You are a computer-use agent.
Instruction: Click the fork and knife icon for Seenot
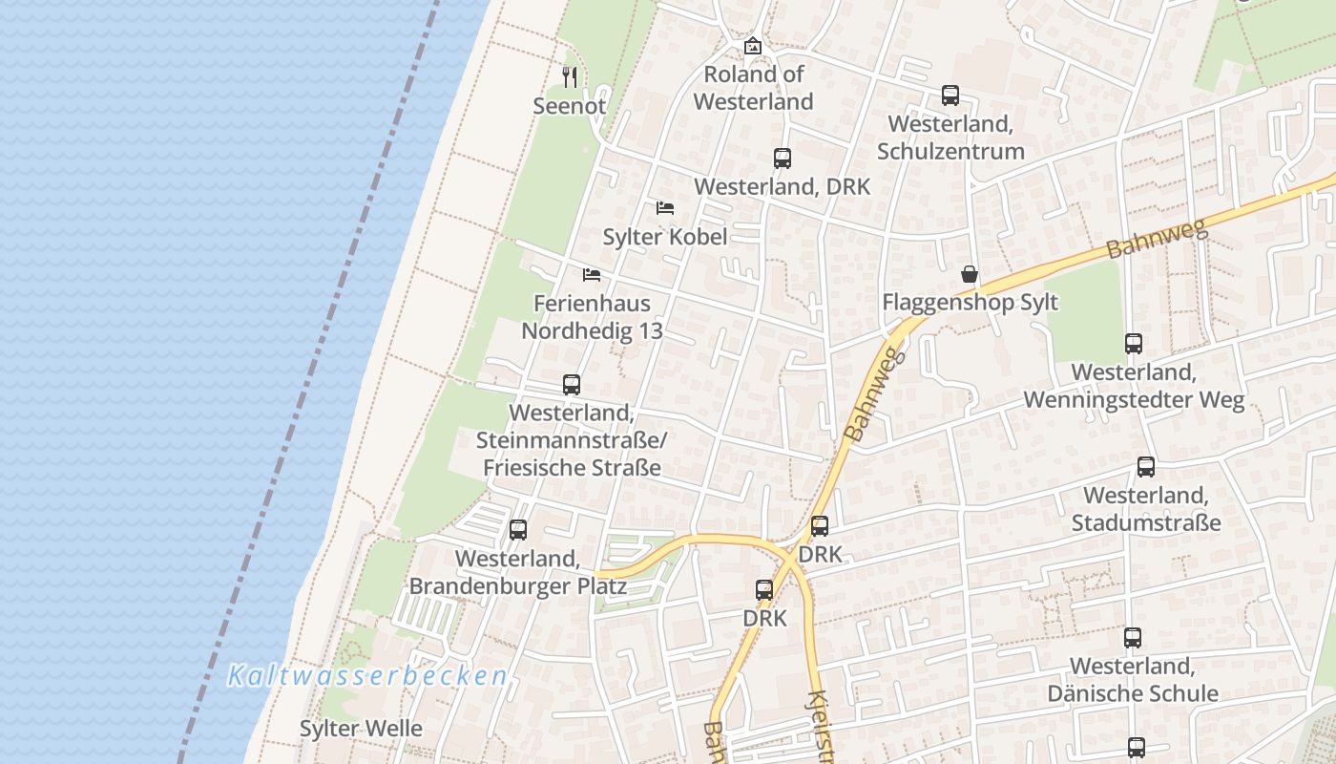click(570, 76)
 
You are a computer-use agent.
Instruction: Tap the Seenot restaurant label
click(569, 106)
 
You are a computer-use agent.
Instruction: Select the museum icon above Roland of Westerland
click(753, 45)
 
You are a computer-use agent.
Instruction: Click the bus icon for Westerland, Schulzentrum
click(950, 95)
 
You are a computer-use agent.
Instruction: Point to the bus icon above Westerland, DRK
click(782, 159)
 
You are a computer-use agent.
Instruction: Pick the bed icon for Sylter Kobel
click(665, 208)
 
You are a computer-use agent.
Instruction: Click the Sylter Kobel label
click(665, 237)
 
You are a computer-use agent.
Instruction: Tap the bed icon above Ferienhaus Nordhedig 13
click(592, 275)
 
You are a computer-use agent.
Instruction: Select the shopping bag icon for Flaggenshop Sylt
click(970, 275)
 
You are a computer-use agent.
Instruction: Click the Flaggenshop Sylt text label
click(970, 303)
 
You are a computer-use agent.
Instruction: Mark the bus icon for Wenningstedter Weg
click(1133, 344)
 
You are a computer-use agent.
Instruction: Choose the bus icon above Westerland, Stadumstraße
click(1145, 467)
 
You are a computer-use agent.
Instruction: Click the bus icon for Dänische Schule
click(1132, 637)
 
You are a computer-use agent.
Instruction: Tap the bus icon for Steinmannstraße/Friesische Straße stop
click(571, 385)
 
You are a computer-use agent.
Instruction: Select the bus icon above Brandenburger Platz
click(517, 529)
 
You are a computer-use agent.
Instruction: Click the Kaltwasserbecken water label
click(367, 676)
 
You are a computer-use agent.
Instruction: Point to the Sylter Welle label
click(361, 729)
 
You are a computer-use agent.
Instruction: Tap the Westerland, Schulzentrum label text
click(950, 138)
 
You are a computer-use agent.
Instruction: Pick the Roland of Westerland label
click(753, 88)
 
